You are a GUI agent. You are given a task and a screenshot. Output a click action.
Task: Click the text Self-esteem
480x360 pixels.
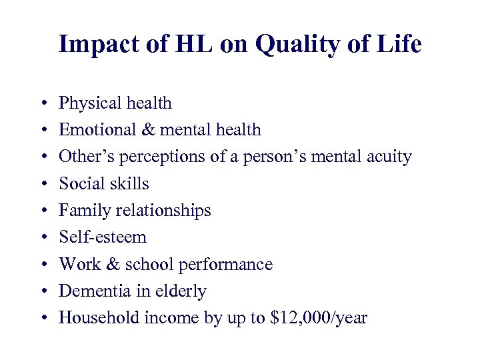pos(103,237)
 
